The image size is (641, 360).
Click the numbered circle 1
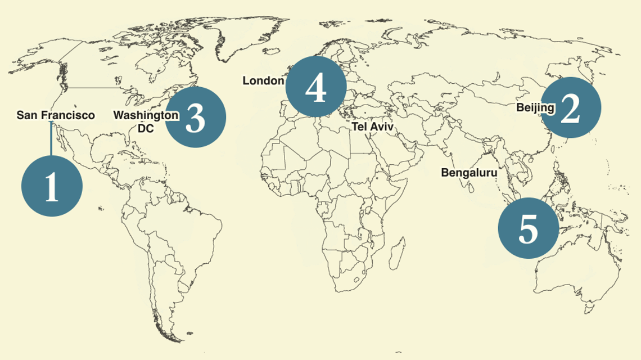52,187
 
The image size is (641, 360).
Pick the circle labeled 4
315,87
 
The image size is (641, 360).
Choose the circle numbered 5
529,228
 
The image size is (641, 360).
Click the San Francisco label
56,115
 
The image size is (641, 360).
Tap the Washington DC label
146,121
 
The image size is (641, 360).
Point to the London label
263,81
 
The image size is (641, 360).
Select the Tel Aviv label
373,127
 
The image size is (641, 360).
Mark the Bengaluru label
469,173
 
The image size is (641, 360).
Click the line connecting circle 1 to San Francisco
51,141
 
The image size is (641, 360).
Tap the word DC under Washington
146,128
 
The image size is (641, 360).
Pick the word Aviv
382,127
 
